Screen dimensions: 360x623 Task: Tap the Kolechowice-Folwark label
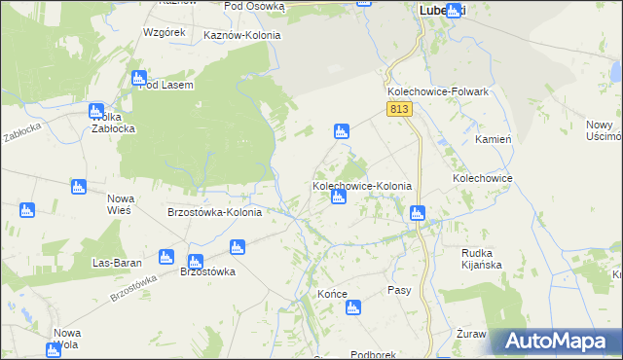coord(436,91)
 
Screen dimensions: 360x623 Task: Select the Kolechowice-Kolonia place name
coord(361,185)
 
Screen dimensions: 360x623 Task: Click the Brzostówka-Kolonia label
coord(214,213)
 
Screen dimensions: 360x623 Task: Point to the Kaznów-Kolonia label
coord(241,35)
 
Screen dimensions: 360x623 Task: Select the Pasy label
coord(399,290)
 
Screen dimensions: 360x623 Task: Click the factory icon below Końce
coord(353,308)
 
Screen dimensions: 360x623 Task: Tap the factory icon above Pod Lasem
coord(138,77)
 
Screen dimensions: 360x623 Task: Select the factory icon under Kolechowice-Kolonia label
coord(338,198)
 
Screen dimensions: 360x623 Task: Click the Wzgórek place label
coord(164,32)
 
